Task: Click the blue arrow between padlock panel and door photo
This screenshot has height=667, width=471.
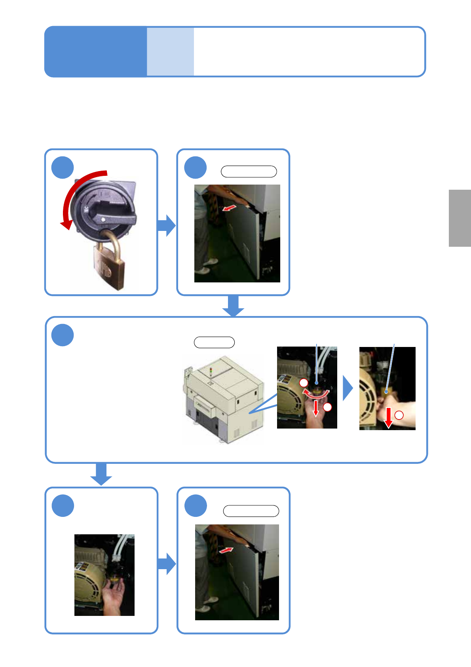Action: (167, 226)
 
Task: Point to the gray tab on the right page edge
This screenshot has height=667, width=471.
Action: (460, 218)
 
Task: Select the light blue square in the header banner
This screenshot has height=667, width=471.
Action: (170, 51)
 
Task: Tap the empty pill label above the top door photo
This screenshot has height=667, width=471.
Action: (249, 172)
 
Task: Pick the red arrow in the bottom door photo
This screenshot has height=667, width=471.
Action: (226, 550)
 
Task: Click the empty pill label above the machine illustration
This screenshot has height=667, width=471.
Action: (214, 342)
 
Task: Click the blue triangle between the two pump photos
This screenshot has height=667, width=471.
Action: (347, 388)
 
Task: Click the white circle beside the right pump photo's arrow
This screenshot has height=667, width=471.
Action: (399, 415)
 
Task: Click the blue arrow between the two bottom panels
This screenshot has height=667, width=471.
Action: (167, 564)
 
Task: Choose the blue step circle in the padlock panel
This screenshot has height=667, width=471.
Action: (63, 168)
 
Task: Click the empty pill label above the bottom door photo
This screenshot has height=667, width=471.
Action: (251, 511)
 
